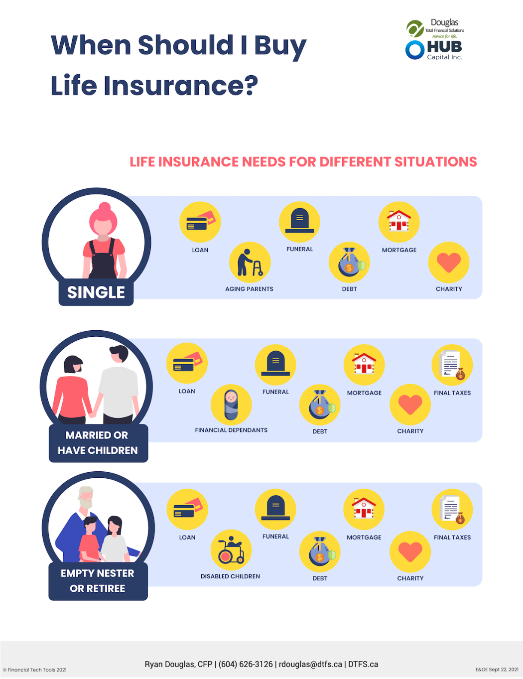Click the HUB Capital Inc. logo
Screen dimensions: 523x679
(434, 50)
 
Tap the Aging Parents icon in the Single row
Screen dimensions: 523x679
(250, 263)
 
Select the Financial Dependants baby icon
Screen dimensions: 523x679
(231, 405)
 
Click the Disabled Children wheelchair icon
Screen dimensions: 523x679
(231, 550)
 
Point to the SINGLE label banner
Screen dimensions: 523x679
(96, 292)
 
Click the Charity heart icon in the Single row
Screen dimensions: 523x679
(449, 263)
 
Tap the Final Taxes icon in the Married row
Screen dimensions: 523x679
(452, 365)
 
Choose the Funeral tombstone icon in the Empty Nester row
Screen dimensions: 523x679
(275, 509)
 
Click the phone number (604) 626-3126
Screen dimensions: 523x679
(246, 664)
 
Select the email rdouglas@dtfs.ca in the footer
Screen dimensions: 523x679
(310, 664)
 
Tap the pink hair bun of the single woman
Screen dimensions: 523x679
(105, 207)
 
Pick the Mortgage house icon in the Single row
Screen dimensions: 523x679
(399, 222)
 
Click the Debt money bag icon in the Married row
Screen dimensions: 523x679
(320, 405)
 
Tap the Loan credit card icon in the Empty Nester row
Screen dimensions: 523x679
(187, 509)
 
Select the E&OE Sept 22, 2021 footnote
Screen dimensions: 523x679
(497, 670)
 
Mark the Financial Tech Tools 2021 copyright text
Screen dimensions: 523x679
(35, 670)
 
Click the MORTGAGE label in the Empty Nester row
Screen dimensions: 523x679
(364, 537)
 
